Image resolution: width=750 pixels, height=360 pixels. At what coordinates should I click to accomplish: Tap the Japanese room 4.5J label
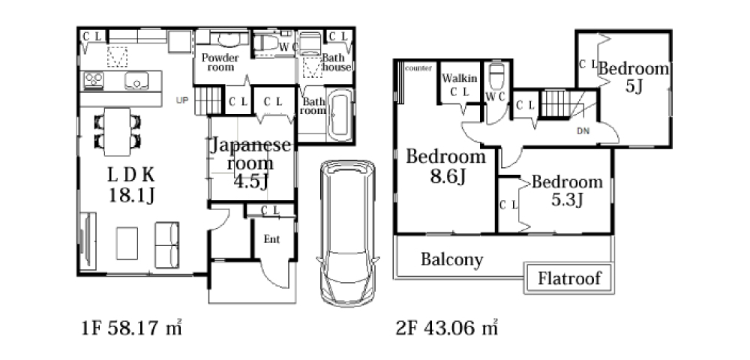tap(250, 163)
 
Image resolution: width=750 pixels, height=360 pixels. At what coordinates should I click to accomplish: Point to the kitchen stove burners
tap(93, 81)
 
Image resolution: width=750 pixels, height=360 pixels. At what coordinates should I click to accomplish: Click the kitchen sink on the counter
tap(136, 81)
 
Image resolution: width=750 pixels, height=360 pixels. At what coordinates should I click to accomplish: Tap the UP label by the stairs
tap(182, 100)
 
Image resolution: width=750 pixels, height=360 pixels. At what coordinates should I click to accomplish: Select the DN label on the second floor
tap(583, 131)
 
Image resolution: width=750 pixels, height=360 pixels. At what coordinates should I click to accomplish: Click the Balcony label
tap(452, 259)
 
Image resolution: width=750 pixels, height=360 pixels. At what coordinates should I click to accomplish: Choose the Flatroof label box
tap(569, 277)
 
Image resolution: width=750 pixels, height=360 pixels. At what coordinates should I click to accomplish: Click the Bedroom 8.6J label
tap(445, 166)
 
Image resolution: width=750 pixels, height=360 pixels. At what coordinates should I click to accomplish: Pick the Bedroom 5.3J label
tap(567, 190)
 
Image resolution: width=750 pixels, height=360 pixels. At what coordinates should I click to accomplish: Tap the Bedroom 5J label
tap(634, 77)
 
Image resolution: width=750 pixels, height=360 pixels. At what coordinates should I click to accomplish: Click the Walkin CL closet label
tap(460, 85)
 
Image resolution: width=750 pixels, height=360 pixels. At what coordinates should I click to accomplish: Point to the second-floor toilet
tap(496, 76)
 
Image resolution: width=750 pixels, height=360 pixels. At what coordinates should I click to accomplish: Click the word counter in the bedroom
tap(418, 68)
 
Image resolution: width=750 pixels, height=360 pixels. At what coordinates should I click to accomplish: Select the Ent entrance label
tap(271, 239)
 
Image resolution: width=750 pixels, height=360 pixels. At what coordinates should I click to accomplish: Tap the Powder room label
tap(220, 63)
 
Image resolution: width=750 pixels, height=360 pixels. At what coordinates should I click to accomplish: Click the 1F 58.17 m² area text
tap(131, 328)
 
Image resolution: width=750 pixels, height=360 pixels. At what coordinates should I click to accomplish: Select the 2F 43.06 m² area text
tap(447, 328)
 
